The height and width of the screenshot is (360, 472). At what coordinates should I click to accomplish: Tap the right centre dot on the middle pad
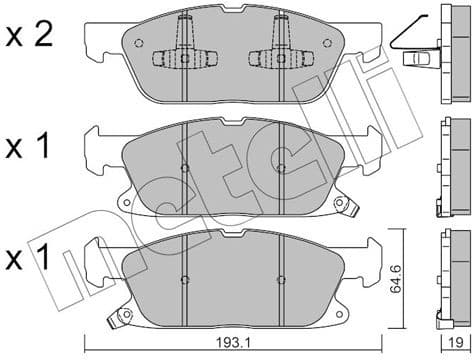tap(281, 167)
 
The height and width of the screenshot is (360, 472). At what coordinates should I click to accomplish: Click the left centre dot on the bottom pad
tap(186, 279)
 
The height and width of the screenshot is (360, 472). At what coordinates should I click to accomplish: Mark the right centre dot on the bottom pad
tap(281, 279)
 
